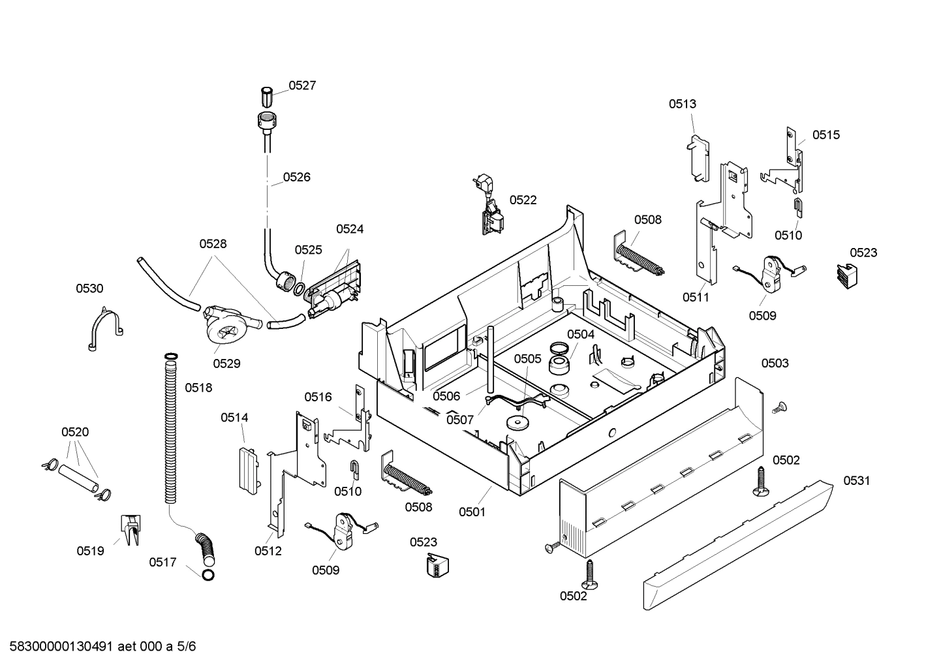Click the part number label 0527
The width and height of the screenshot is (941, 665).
coord(302,85)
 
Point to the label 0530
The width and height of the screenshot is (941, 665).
coord(89,288)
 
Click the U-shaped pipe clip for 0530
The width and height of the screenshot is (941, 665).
coord(104,330)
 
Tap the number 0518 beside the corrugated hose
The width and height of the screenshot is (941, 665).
coord(198,388)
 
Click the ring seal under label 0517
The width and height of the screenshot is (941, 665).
coord(208,575)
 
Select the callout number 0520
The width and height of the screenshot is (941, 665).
coord(75,432)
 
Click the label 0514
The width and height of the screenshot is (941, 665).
coord(234,418)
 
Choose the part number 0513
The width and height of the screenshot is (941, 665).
coord(682,104)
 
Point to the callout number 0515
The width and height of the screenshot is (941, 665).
coord(826,135)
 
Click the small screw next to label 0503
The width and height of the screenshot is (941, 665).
coord(778,409)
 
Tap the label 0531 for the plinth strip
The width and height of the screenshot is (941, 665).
coord(856,481)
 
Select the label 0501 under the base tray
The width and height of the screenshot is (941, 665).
coord(472,512)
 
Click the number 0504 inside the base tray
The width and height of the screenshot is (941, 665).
coord(580,334)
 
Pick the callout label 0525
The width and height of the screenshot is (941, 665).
coord(308,250)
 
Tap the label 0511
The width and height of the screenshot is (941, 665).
coord(696,298)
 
